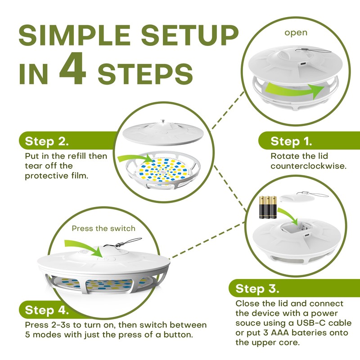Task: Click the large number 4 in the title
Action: pos(72,68)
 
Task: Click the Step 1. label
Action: pos(291,141)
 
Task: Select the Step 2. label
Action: pos(47,141)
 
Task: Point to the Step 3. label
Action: pos(257,288)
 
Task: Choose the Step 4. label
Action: pos(47,310)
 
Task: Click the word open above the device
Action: pos(296,33)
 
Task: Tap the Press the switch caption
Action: pos(103,229)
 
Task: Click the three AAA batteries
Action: pos(268,207)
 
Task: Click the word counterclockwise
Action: pos(308,166)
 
